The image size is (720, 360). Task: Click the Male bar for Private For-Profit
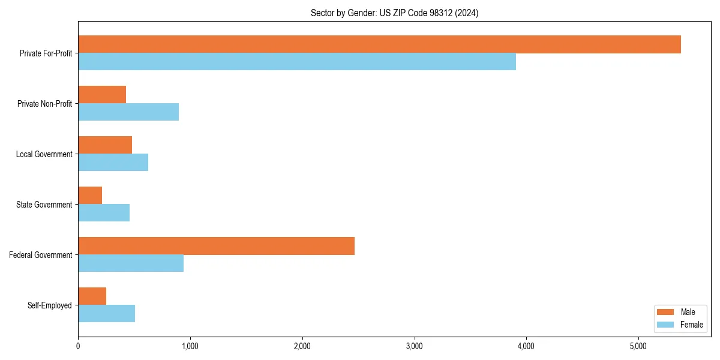click(x=379, y=44)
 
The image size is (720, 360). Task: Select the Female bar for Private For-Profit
click(x=297, y=62)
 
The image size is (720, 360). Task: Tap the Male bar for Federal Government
click(x=216, y=246)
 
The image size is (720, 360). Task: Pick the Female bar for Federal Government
click(x=131, y=263)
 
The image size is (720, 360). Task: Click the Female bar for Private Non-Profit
click(x=128, y=112)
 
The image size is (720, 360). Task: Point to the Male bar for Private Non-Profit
click(x=102, y=95)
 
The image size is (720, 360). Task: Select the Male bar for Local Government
click(x=105, y=145)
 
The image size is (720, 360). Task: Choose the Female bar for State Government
click(x=104, y=213)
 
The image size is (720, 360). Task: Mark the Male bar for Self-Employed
click(x=92, y=296)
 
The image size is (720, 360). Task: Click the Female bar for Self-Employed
click(x=106, y=314)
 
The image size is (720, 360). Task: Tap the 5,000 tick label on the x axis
click(x=638, y=346)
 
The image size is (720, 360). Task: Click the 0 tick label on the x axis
click(x=78, y=346)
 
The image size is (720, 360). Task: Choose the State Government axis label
click(x=44, y=205)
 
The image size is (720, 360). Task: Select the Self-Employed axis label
click(x=50, y=305)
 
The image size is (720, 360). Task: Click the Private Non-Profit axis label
click(x=44, y=104)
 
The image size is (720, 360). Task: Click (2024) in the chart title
click(x=467, y=13)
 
